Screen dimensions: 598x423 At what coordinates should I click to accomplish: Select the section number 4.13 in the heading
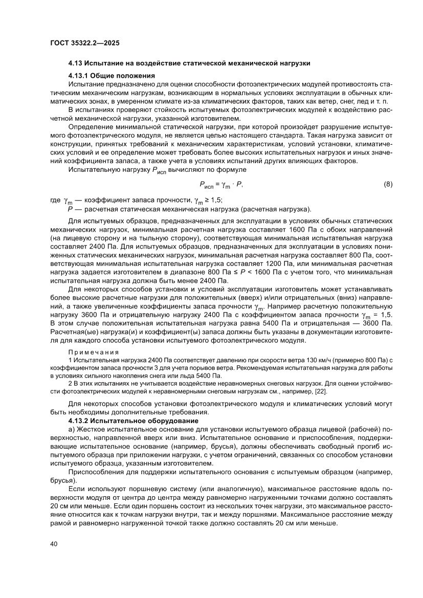coord(76,64)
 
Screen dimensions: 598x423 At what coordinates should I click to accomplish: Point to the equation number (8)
coord(388,183)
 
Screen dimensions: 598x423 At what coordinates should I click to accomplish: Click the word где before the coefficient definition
coord(55,200)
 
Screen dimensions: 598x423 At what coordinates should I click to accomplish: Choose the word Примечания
coord(93,352)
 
